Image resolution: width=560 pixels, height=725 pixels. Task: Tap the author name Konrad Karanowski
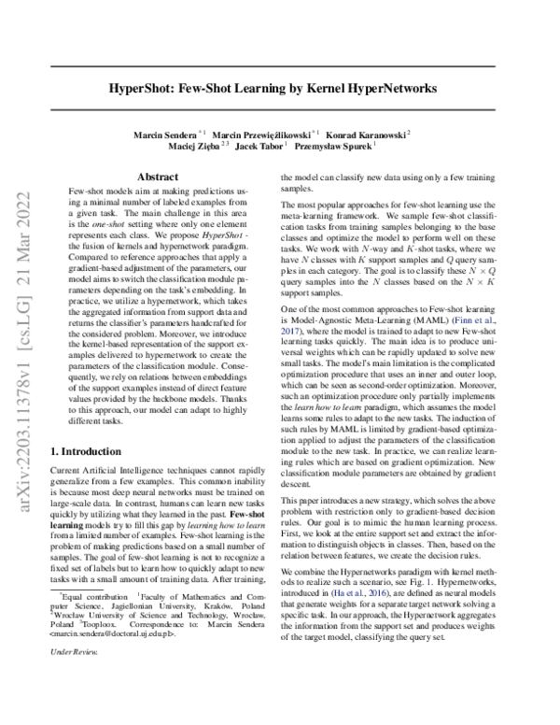pos(366,133)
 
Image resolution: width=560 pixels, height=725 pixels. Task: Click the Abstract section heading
pos(158,176)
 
